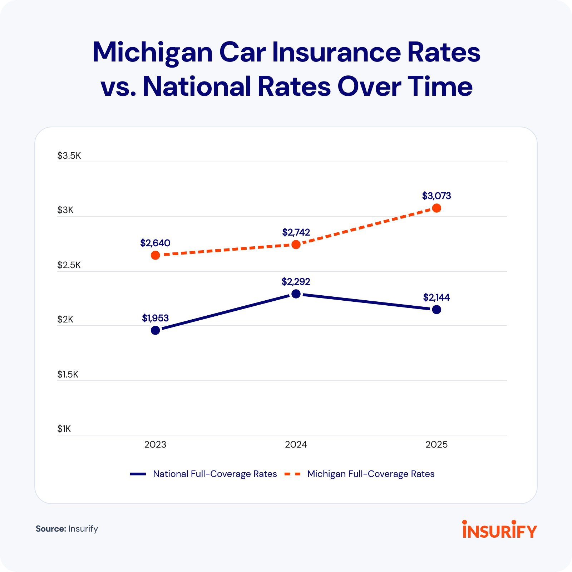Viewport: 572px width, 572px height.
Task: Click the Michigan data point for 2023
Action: click(155, 255)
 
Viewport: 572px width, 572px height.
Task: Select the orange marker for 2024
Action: click(296, 245)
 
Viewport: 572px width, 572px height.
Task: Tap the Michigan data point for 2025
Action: click(437, 208)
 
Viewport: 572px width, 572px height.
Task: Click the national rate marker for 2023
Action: click(155, 330)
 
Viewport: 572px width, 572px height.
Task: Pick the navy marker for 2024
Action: click(296, 294)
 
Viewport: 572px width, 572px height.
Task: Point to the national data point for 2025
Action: click(437, 310)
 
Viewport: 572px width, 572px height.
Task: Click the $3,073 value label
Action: click(437, 196)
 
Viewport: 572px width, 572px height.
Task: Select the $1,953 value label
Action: click(155, 318)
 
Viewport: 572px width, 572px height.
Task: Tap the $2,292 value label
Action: click(296, 282)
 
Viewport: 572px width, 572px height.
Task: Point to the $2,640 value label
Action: click(155, 243)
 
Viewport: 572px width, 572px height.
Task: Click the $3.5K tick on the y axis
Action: click(69, 156)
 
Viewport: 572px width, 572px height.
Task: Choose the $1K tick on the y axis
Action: click(64, 429)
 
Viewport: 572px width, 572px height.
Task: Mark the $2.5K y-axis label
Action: click(69, 265)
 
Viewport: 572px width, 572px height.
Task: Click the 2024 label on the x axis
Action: click(296, 444)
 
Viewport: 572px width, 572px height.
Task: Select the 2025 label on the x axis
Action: click(437, 444)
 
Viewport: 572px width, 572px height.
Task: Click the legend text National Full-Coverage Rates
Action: click(215, 474)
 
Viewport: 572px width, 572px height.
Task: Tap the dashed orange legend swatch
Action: click(292, 474)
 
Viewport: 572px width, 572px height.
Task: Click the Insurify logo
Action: click(500, 529)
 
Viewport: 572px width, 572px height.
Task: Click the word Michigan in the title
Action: click(152, 53)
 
